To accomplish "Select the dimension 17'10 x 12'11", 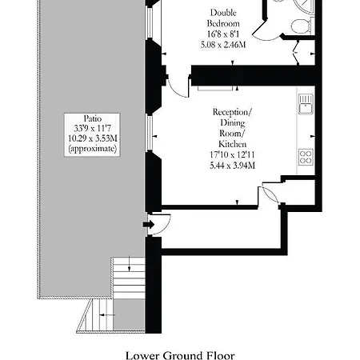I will click(x=233, y=155).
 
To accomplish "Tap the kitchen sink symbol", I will click(x=305, y=102).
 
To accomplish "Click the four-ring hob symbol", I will click(x=305, y=156).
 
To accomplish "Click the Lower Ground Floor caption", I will click(x=181, y=354).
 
